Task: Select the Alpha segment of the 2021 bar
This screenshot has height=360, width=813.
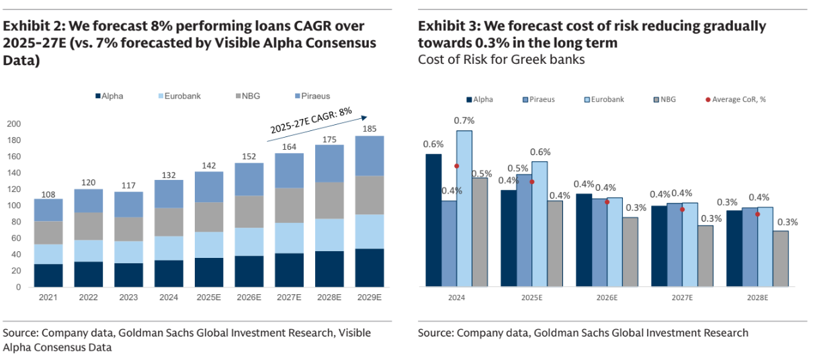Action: tap(48, 275)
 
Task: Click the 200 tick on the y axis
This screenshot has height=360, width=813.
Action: tap(13, 124)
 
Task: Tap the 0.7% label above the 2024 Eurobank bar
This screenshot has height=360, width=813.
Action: tap(464, 121)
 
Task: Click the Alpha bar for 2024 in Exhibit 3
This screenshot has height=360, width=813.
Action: tap(433, 220)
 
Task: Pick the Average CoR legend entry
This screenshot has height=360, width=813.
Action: tap(735, 99)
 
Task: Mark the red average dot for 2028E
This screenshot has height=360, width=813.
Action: tap(757, 214)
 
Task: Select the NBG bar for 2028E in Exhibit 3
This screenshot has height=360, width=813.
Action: tap(780, 259)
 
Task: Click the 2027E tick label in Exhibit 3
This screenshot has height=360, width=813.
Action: tap(682, 298)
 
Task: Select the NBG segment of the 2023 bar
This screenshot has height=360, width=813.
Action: tap(128, 229)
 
